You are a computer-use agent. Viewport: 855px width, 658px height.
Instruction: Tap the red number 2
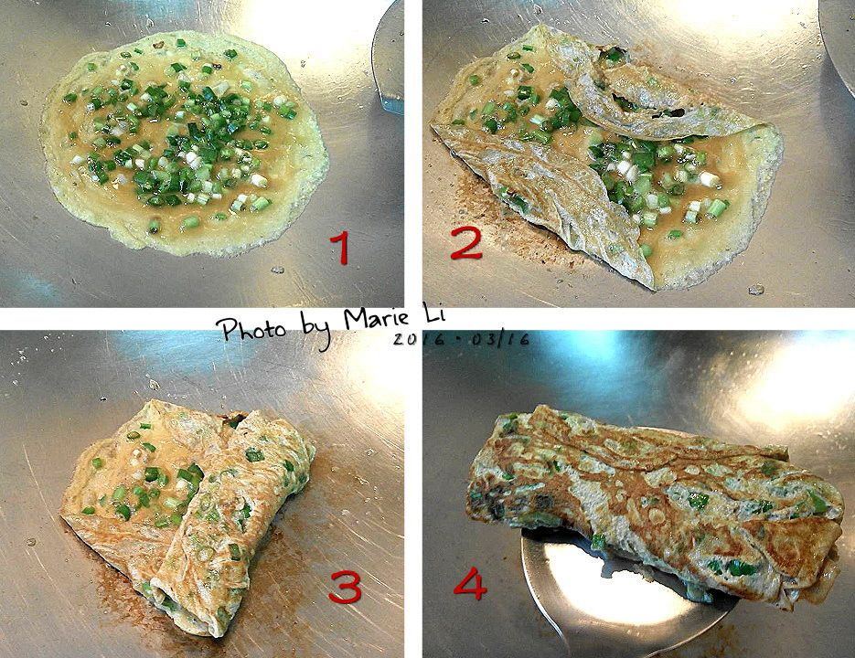[466, 244]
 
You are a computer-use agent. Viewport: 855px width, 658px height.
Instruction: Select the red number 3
[345, 588]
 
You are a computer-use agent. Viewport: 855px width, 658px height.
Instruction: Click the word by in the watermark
[316, 330]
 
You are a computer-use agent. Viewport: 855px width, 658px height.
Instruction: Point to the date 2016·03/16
[461, 339]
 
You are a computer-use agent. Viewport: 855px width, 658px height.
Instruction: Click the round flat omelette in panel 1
[185, 143]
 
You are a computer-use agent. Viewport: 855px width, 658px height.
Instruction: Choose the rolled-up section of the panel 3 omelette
[234, 524]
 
